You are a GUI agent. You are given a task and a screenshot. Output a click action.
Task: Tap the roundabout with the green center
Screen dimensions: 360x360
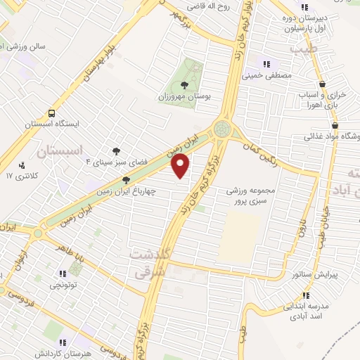click(x=224, y=129)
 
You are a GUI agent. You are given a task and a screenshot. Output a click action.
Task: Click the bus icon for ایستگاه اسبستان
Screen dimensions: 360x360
click(x=51, y=113)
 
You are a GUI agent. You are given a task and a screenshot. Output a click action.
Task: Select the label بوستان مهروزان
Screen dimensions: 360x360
click(x=186, y=95)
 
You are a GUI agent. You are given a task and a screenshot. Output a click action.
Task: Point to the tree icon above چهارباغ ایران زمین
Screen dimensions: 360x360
click(x=126, y=180)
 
